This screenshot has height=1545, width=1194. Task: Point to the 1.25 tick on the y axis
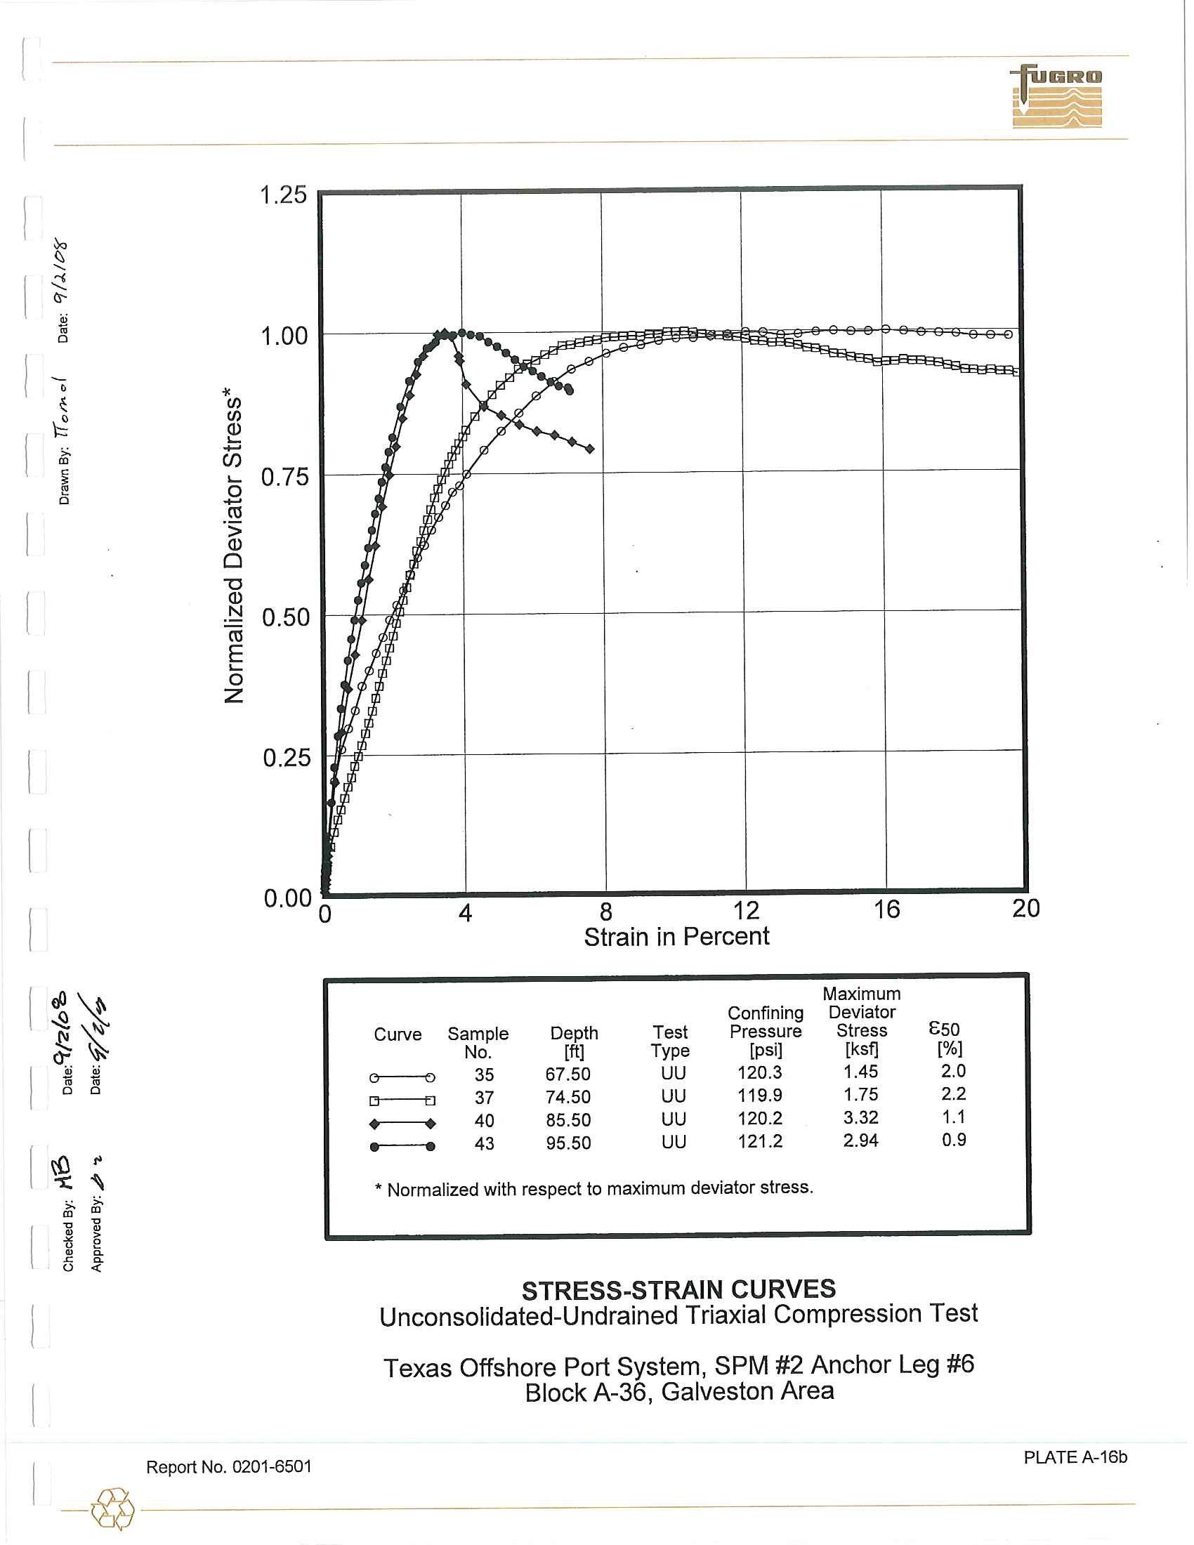click(284, 195)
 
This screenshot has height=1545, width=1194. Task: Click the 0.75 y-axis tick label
click(285, 477)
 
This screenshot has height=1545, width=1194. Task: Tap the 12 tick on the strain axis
click(745, 909)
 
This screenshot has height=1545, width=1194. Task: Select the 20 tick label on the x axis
click(1025, 908)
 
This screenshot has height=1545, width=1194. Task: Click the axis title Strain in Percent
click(676, 937)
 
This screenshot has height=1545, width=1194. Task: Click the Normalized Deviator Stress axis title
click(233, 545)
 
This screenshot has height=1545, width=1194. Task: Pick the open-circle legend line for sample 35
click(402, 1077)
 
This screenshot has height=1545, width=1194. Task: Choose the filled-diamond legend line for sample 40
click(402, 1124)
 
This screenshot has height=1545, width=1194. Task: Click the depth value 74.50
click(568, 1097)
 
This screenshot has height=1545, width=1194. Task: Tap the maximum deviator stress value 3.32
click(860, 1118)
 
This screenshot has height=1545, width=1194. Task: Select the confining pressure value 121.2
click(760, 1141)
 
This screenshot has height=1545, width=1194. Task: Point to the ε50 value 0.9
click(954, 1140)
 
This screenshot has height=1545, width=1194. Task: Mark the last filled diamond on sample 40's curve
click(590, 449)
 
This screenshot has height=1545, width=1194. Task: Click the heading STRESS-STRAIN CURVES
click(678, 1289)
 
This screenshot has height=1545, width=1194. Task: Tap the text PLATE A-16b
click(1075, 1457)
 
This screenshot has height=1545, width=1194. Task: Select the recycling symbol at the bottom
click(112, 1509)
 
